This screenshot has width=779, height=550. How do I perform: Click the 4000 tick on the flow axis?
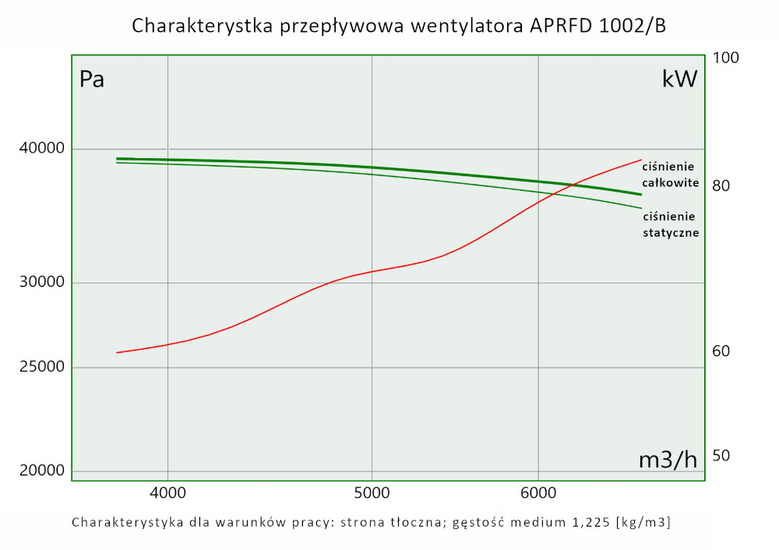point(167,492)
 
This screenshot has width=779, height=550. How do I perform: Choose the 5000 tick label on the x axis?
point(372,492)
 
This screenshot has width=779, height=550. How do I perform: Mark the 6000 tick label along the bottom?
point(538,492)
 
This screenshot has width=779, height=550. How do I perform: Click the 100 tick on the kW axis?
point(725,58)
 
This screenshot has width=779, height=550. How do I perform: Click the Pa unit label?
point(92,79)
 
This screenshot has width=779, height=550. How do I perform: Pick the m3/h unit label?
point(668,460)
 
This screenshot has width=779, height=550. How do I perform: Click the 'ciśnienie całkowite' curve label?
point(670,174)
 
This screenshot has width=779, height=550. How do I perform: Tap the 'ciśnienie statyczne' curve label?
point(670,224)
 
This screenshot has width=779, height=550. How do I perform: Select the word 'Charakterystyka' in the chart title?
point(194,26)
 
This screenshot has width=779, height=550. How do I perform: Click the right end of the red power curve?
point(640,160)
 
